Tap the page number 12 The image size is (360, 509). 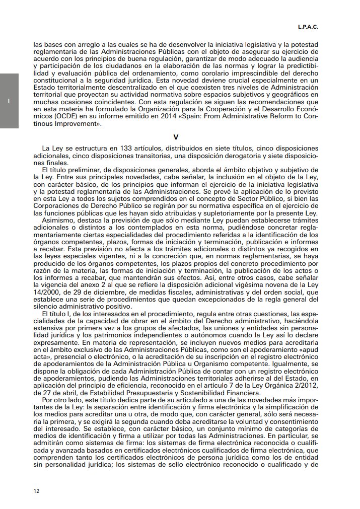[37, 490]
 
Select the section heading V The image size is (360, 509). [176, 136]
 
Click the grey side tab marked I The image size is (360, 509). [9, 101]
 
